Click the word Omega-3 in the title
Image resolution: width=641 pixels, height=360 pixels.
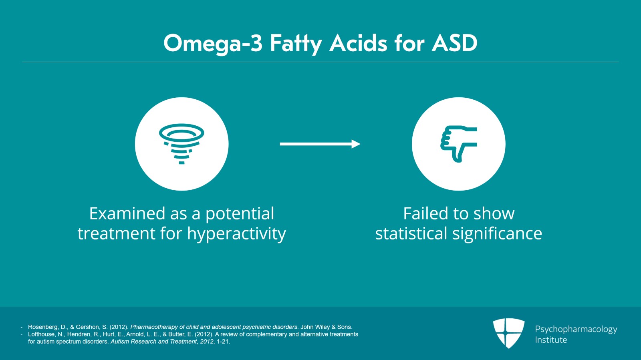point(213,43)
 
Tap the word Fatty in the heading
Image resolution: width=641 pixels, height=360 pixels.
point(296,43)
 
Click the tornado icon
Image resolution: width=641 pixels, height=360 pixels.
point(181,144)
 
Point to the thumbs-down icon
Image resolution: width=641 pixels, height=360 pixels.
point(459,144)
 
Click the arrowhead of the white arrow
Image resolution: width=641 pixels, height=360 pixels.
point(356,144)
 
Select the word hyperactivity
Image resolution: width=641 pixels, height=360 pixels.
point(236,234)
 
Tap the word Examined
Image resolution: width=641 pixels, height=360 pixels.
point(127,213)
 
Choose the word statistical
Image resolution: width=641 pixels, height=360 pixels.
point(411,233)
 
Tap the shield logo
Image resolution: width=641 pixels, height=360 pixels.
point(508,332)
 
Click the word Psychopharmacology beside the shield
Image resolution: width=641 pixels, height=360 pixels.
point(576,329)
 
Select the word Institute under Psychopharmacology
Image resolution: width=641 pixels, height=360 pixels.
point(551,340)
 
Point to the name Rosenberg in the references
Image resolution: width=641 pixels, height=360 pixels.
point(43,327)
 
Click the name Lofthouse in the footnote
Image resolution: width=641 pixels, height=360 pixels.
point(41,334)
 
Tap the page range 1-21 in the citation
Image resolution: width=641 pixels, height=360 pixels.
point(223,342)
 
